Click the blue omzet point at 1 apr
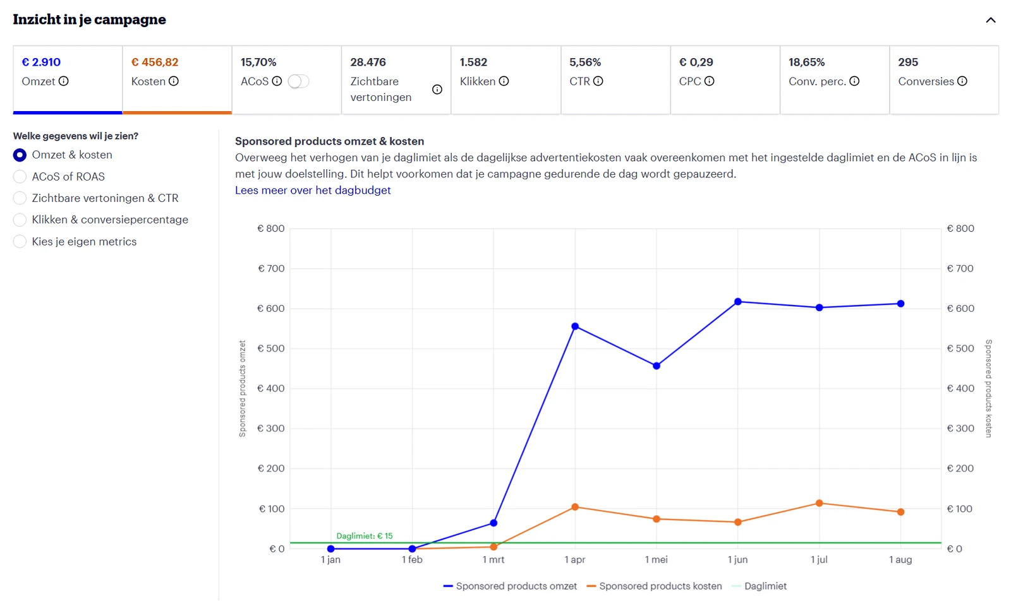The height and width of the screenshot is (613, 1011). [x=575, y=326]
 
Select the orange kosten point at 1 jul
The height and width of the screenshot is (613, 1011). [x=819, y=503]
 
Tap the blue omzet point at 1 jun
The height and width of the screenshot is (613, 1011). [x=738, y=302]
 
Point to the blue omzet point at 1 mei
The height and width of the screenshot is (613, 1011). [x=657, y=366]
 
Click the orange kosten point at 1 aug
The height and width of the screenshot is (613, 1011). [x=901, y=512]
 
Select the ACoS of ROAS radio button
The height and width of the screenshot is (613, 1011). [x=20, y=176]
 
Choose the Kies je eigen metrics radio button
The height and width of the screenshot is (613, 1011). [x=20, y=241]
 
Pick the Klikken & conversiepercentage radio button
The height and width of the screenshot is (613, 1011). [x=20, y=220]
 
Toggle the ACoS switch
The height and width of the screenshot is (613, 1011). [x=298, y=81]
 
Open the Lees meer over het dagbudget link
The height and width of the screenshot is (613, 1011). [x=313, y=190]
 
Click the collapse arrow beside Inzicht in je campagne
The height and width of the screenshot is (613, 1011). [x=991, y=20]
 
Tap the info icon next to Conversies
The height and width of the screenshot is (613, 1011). [x=962, y=81]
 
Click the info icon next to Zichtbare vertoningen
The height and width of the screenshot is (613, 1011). [x=437, y=89]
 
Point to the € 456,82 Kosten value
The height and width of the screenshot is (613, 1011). [x=155, y=62]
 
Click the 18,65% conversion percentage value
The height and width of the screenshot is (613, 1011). [x=806, y=62]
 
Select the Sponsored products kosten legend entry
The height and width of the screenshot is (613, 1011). [x=655, y=586]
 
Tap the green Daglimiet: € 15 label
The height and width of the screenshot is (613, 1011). [x=365, y=536]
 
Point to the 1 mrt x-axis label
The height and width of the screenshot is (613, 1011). [x=493, y=560]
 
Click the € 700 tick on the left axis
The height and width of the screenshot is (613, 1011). [x=271, y=269]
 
